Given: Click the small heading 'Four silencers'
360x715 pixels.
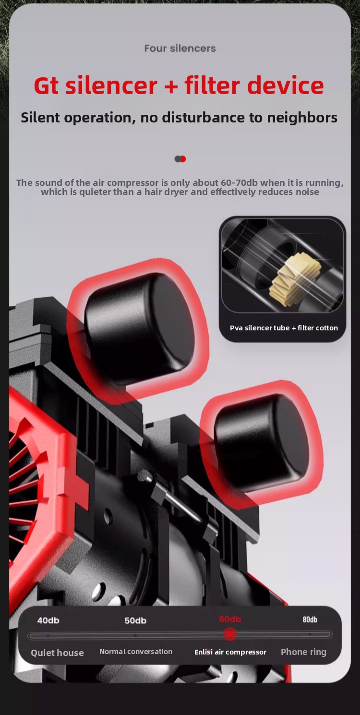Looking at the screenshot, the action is [x=180, y=48].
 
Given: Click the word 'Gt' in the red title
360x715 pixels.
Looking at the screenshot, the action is [x=46, y=85].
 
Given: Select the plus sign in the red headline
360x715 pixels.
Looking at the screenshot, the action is [x=171, y=86].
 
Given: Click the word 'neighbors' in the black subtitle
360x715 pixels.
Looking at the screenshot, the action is [x=302, y=118].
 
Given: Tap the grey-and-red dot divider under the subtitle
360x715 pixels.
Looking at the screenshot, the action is [x=180, y=159].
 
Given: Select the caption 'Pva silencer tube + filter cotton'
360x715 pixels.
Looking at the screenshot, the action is [x=284, y=328].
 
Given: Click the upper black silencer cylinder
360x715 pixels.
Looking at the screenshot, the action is [x=140, y=328].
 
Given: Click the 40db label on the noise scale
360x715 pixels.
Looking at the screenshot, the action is [x=48, y=620].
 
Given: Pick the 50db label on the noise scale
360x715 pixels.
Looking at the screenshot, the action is [x=135, y=620].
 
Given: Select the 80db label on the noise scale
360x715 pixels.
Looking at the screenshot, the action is [x=310, y=619].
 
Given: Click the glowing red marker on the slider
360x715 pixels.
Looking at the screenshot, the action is [x=230, y=634].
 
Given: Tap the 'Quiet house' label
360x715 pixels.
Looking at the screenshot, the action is [x=58, y=653].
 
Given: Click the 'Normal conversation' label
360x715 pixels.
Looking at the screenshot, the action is [x=136, y=652].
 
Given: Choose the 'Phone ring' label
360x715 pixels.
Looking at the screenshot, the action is [x=303, y=652].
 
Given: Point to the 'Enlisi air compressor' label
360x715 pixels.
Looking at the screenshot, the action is [x=230, y=652].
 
